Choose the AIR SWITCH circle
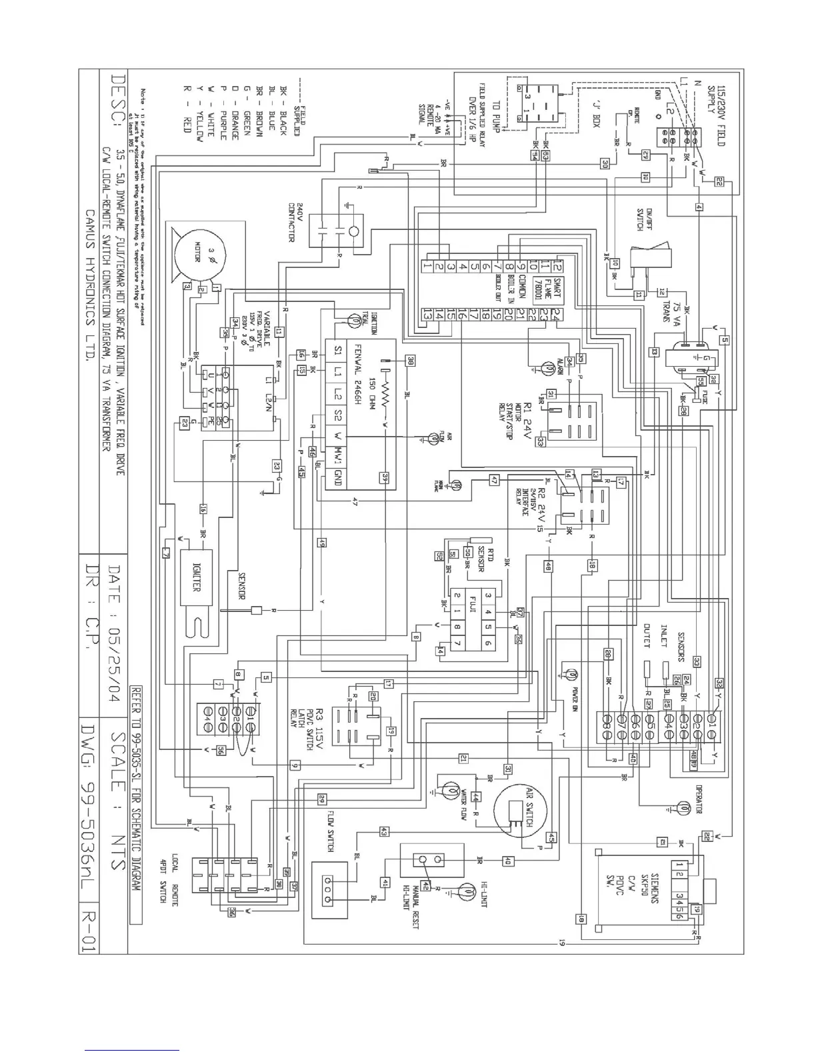[x=522, y=808]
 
